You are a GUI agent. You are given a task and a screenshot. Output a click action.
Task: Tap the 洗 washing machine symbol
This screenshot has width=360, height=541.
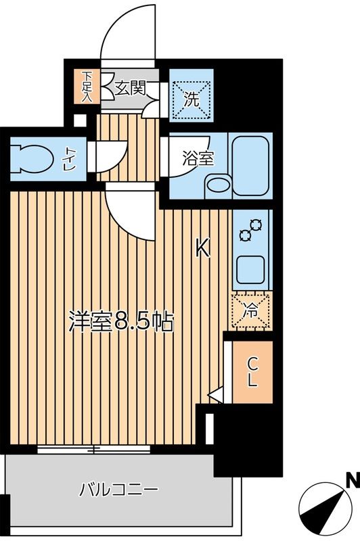pyautogui.click(x=191, y=100)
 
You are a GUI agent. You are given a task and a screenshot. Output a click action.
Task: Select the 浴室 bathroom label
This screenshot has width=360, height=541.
pyautogui.click(x=199, y=160)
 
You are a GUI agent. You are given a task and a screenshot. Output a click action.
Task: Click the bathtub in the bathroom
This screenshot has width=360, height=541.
pyautogui.click(x=250, y=165)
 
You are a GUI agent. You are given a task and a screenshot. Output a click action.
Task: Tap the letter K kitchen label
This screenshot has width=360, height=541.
pyautogui.click(x=203, y=250)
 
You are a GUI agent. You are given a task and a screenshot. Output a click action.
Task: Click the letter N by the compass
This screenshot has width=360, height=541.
pyautogui.click(x=352, y=481)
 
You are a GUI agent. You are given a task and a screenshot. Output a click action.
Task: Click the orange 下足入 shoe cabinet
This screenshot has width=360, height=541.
pyautogui.click(x=87, y=86)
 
